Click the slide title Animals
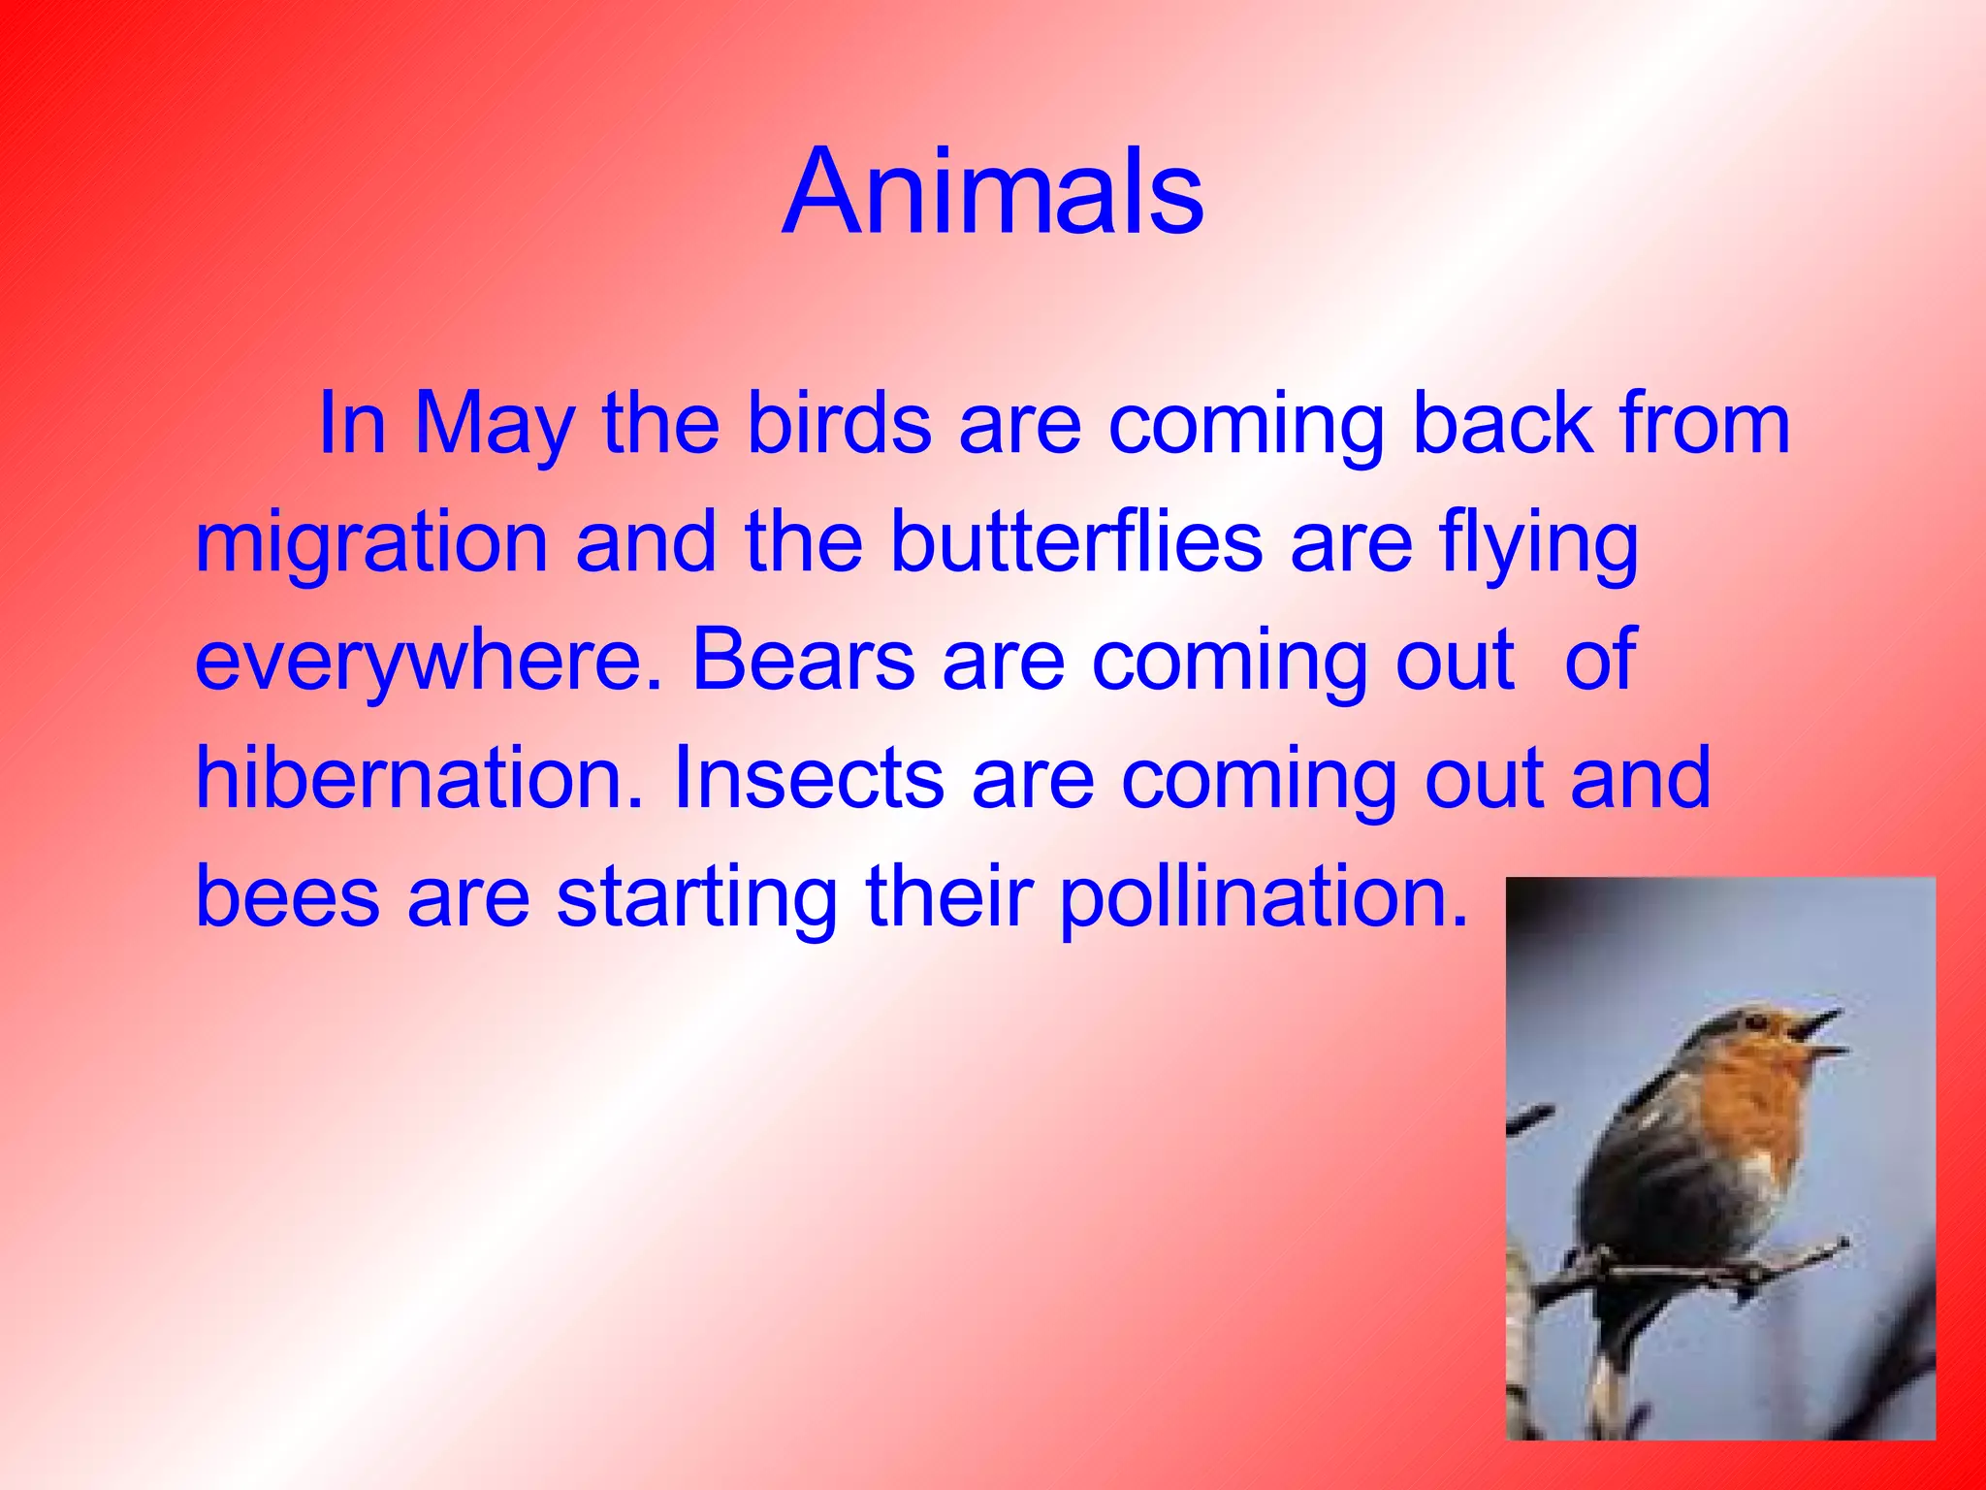(x=992, y=191)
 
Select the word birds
(x=839, y=425)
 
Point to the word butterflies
(x=1076, y=543)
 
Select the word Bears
(x=803, y=662)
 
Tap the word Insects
(x=809, y=780)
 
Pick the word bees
(x=287, y=898)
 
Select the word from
(x=1703, y=425)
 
